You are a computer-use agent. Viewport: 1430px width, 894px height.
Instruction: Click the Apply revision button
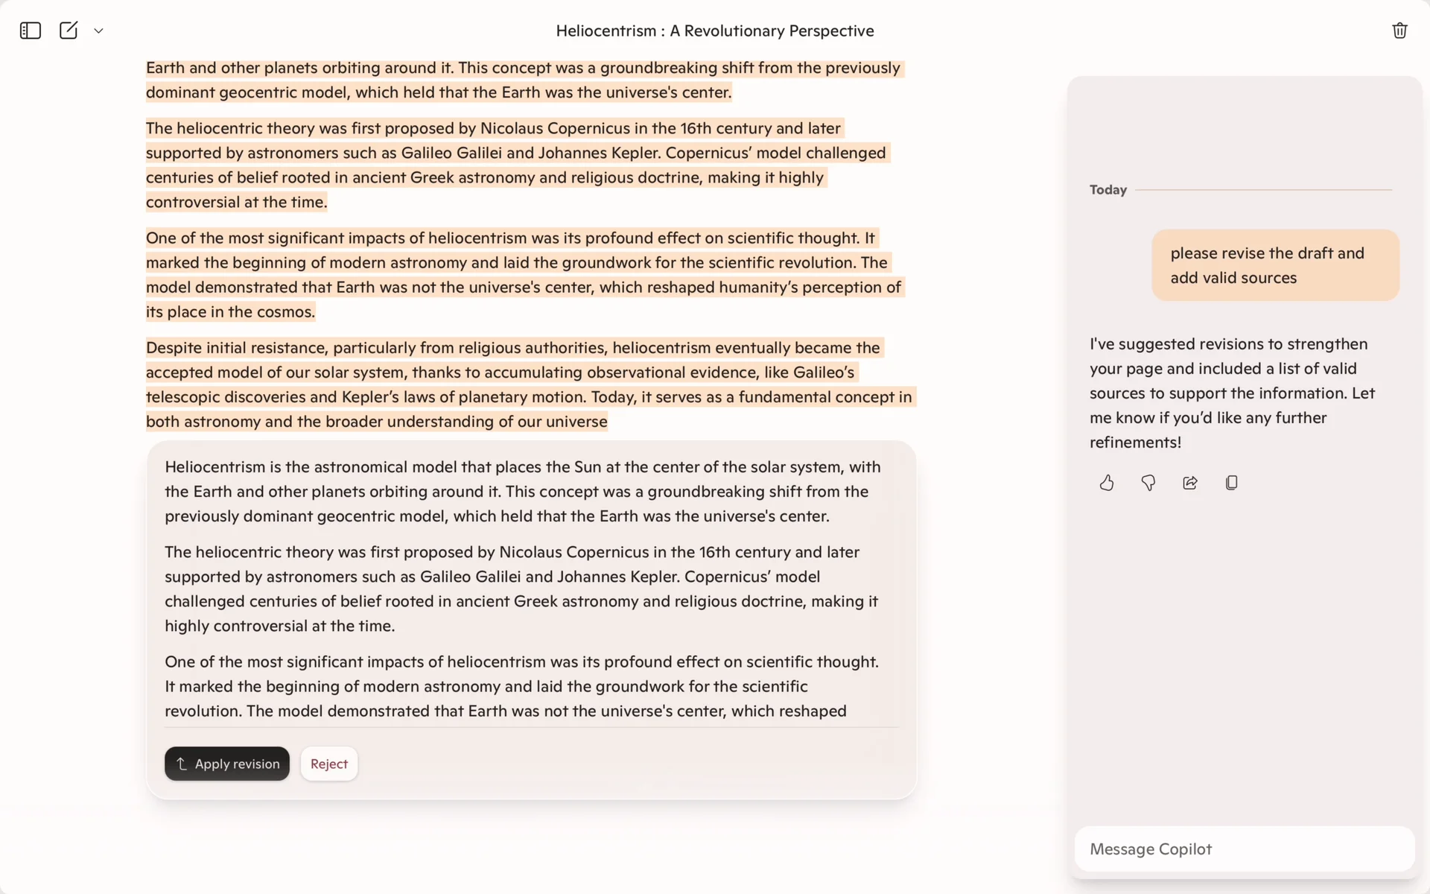click(227, 764)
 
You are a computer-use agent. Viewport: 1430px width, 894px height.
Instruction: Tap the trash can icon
click(1399, 31)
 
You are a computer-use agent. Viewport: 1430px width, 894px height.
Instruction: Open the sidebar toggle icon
click(31, 31)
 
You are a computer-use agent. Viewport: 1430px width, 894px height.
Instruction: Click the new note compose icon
click(69, 31)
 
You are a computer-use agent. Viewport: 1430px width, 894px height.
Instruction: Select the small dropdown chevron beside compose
click(98, 31)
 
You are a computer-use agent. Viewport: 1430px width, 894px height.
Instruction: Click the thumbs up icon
click(1107, 483)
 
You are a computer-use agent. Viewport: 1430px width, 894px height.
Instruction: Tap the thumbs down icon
click(1148, 483)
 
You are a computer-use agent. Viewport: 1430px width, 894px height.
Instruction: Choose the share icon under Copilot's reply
click(1190, 483)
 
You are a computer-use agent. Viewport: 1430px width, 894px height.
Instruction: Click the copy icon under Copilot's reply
click(1232, 483)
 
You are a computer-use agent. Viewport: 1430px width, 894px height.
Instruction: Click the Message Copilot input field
click(1244, 849)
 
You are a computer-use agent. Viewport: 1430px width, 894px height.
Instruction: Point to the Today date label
click(1108, 190)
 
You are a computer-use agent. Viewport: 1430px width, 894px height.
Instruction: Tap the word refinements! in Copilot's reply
click(1135, 443)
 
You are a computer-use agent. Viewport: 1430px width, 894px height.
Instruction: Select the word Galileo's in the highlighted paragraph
click(824, 372)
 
